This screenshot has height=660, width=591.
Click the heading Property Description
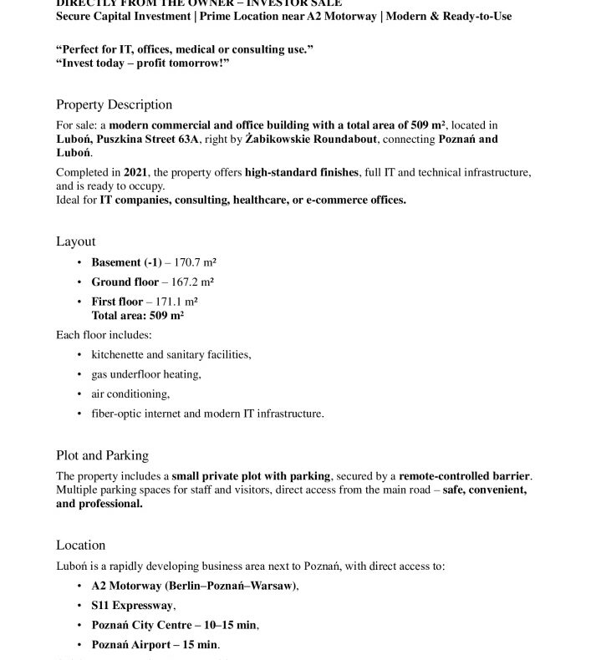pos(114,104)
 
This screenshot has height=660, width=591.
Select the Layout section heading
pos(75,241)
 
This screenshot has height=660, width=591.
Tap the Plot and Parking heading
pos(102,455)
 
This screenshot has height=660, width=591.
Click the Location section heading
pos(80,545)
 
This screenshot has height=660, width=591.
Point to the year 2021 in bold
pos(135,173)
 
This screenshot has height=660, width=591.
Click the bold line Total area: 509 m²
pos(138,316)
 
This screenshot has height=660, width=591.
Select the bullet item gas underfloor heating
pos(145,374)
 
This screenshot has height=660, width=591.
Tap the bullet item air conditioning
pos(130,393)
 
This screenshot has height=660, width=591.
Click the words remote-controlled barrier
pos(464,476)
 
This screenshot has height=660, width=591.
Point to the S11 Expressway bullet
pos(133,606)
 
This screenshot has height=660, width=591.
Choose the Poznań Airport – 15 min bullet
pos(155,645)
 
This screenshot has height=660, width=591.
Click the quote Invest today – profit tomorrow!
pos(143,63)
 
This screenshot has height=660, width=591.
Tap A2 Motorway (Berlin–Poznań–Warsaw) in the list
pos(194,586)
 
